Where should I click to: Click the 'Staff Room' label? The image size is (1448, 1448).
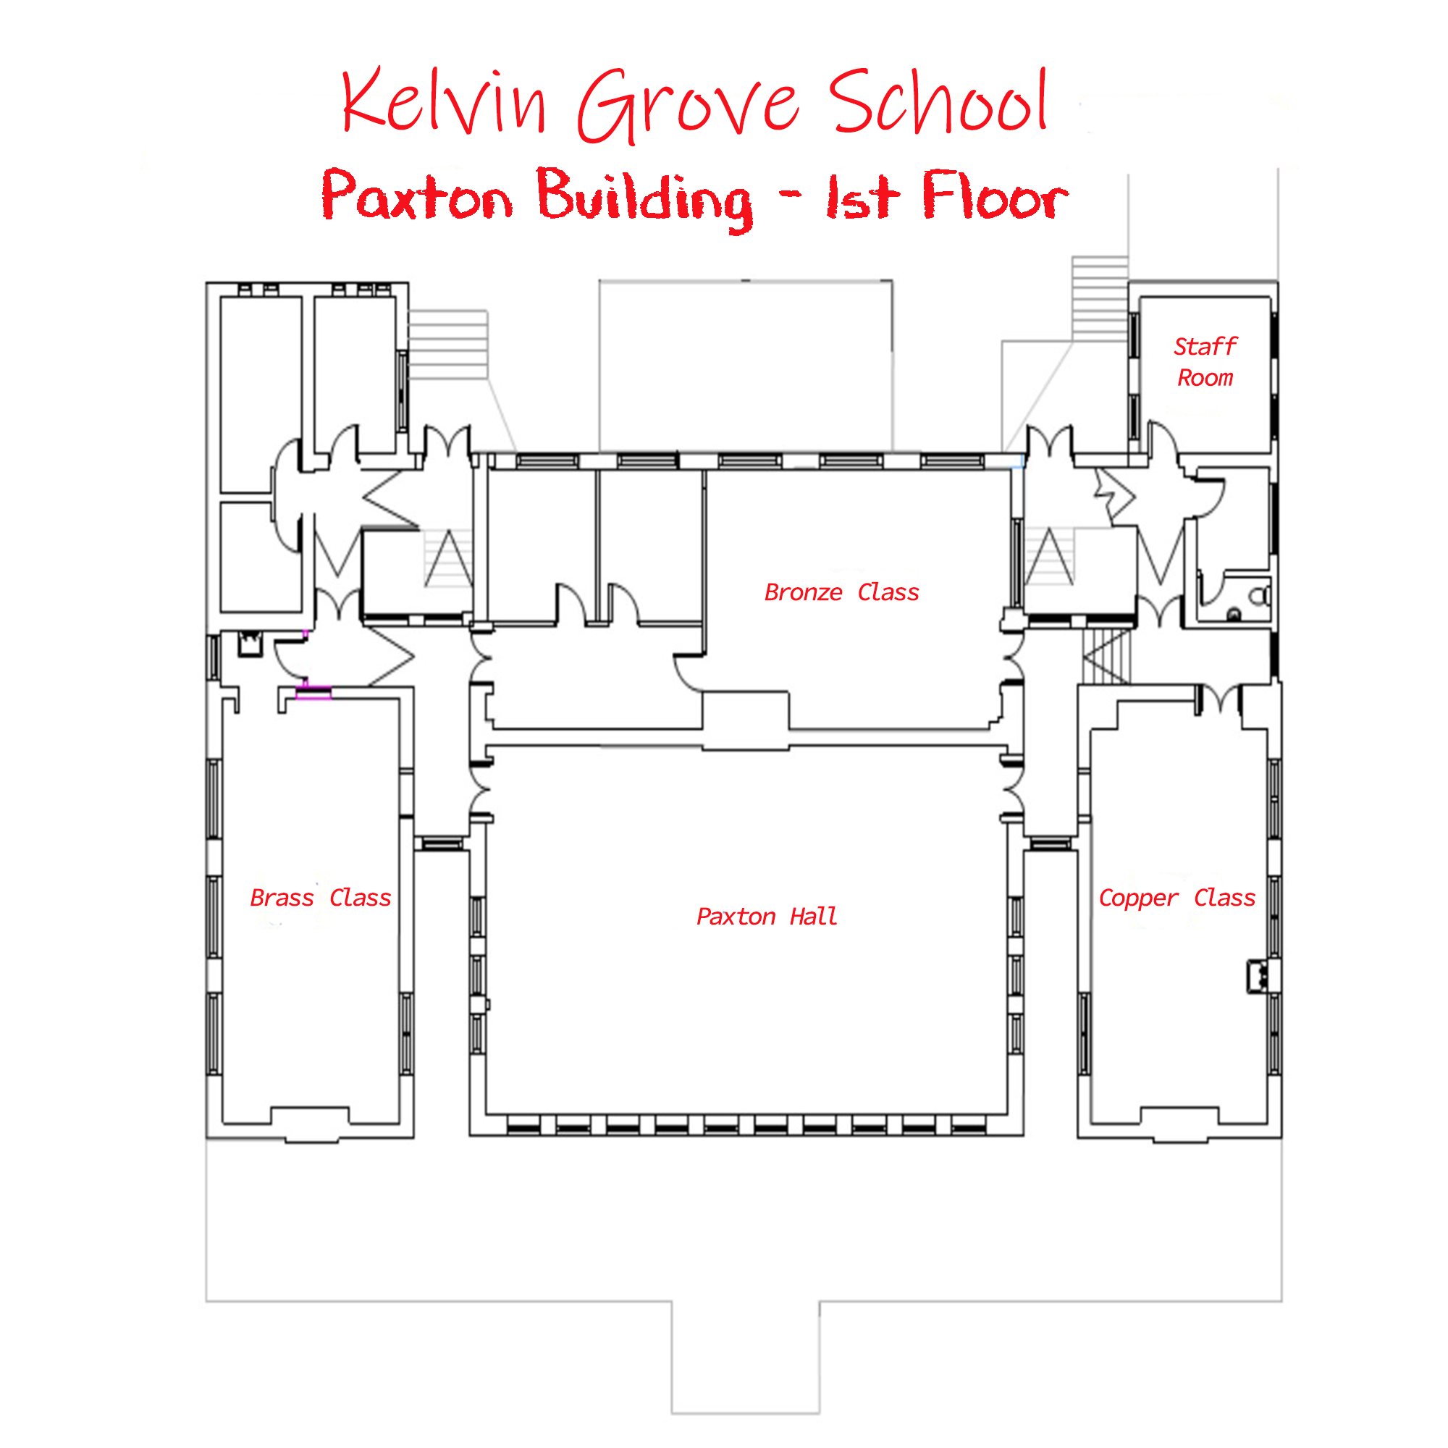coord(1205,362)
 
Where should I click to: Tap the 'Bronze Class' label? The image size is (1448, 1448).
coord(841,593)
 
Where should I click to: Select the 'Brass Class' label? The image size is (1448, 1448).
coord(320,898)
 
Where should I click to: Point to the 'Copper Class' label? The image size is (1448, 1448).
coord(1176,898)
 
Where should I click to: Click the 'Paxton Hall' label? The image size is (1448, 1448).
coord(766,917)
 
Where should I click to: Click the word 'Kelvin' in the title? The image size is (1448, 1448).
coord(444,101)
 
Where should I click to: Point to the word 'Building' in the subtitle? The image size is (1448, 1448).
coord(644,198)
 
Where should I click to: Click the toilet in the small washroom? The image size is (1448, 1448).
coord(1260,597)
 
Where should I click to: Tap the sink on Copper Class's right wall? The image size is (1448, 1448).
coord(1258,977)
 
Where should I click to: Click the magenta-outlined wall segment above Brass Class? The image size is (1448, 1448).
coord(313,693)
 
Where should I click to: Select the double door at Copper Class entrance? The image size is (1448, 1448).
coord(1218,699)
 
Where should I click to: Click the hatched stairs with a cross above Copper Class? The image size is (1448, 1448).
coord(1106,656)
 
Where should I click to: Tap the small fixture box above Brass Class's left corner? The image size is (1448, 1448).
coord(250,644)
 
